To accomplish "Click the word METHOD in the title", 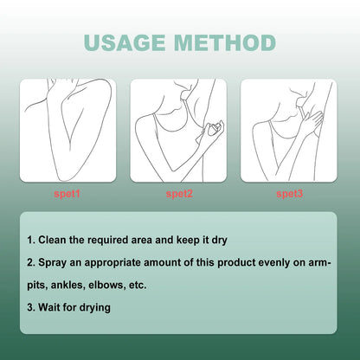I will coord(224,43).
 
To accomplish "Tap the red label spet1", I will coord(68,195).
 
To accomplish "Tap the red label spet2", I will coord(179,195).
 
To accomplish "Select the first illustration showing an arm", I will coord(68,130).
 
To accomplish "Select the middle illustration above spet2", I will coord(179,130).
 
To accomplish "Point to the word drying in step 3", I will coord(93,305).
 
